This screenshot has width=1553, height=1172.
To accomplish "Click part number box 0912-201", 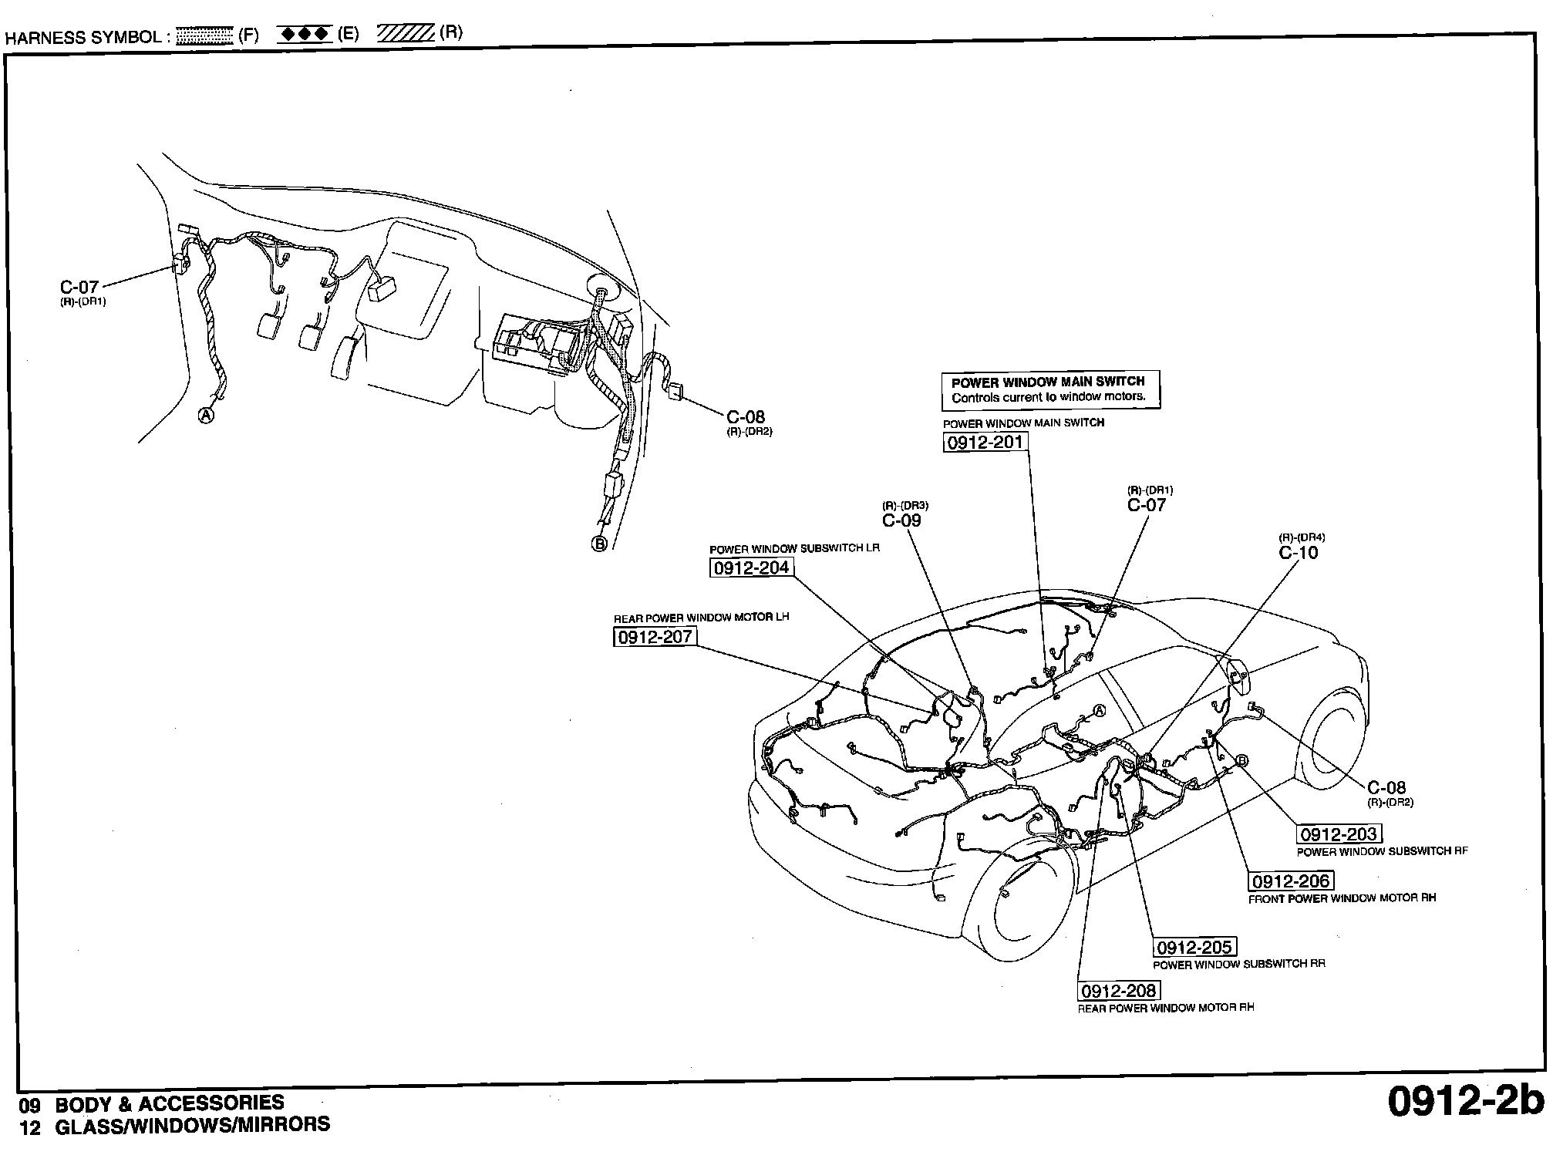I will coord(985,442).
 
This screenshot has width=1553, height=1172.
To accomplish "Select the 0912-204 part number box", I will coord(751,568).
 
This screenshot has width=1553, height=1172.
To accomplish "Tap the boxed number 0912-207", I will coord(655,637).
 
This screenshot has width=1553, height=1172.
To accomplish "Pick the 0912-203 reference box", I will coord(1338,834).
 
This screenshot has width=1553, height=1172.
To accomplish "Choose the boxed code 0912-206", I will coord(1290,881).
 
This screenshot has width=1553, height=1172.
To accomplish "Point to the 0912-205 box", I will coord(1194,947).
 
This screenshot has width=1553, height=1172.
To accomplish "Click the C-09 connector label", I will coord(901,520).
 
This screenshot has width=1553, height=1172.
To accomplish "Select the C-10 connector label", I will coord(1299,553).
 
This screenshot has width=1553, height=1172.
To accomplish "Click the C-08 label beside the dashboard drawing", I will coord(746,418).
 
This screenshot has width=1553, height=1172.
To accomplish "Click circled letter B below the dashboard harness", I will coord(599,544).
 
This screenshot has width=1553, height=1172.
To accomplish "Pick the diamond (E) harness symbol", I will coord(305,35).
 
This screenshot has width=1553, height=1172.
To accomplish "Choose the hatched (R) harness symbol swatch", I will coord(406,34).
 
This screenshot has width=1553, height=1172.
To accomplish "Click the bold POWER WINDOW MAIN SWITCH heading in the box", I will coord(1048,382).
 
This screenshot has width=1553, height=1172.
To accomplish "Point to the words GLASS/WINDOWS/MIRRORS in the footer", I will coord(192,1125).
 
